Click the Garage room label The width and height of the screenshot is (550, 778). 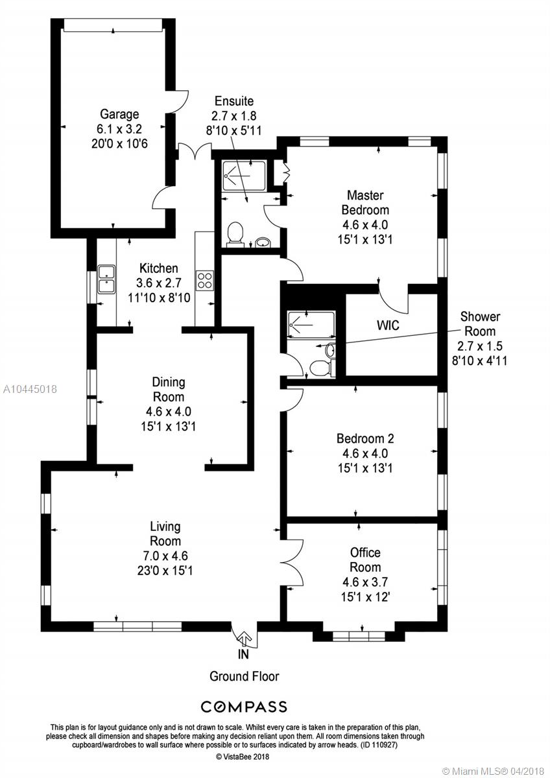119,114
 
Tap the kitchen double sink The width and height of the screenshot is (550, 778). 106,279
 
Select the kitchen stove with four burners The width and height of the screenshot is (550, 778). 205,281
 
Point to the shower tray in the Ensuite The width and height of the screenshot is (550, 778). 245,176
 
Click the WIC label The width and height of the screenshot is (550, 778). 388,325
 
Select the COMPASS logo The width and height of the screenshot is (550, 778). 244,707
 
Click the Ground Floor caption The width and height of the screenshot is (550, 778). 245,676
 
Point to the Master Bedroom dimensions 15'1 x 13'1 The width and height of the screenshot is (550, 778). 365,239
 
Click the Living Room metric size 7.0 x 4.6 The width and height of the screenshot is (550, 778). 165,556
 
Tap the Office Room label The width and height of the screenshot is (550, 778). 365,560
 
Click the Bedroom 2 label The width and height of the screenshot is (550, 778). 365,439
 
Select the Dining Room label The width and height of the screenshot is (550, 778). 169,390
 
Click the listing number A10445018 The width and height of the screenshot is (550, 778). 30,389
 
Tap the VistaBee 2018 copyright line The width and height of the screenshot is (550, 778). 243,756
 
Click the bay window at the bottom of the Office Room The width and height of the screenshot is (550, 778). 359,636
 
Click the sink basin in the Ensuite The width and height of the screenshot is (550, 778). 262,242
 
